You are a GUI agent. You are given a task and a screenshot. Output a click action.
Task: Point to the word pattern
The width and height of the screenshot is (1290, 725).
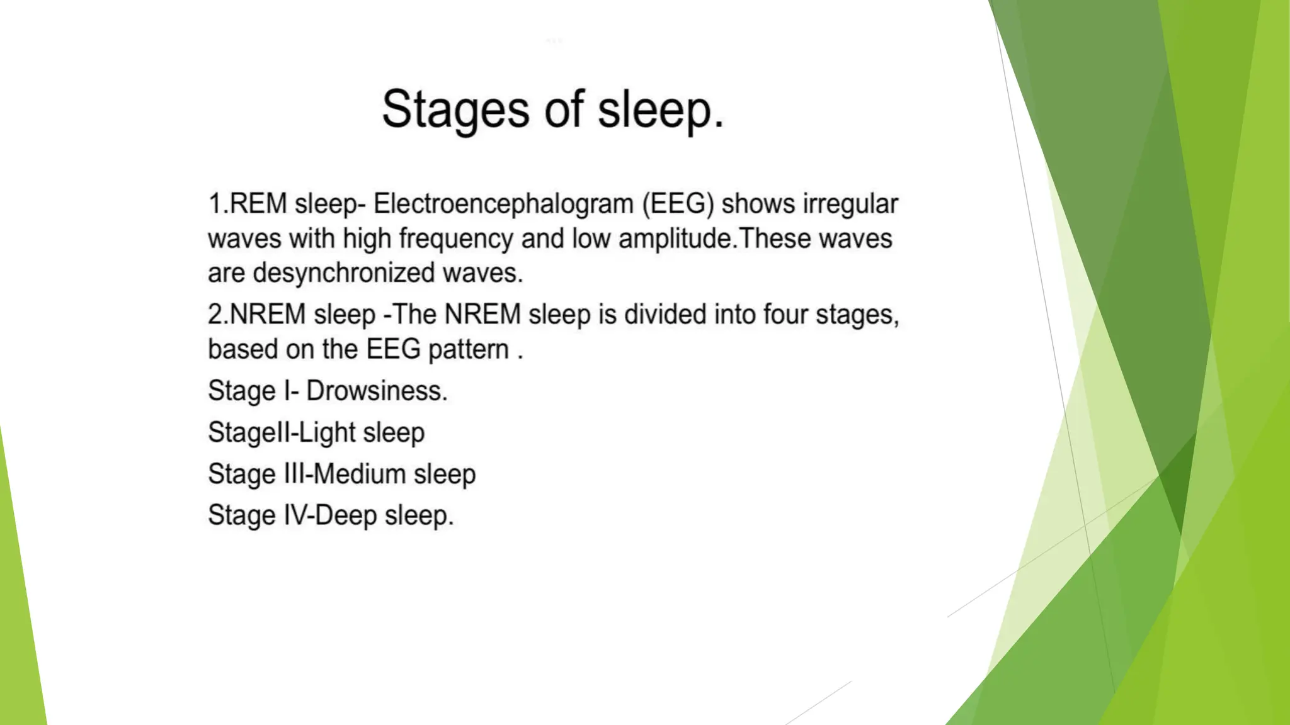click(x=469, y=350)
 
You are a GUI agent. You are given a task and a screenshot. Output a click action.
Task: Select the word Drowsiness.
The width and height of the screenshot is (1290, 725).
click(x=377, y=391)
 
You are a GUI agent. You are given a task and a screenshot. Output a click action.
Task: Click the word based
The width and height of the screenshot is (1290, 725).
click(x=243, y=349)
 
